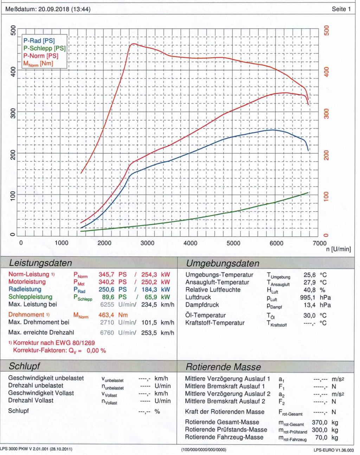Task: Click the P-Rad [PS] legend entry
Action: click(39, 41)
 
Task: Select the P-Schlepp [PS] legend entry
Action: click(44, 48)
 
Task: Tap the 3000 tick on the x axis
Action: click(147, 243)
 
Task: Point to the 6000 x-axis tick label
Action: click(276, 243)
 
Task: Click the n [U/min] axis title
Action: click(338, 249)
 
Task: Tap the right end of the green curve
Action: click(308, 193)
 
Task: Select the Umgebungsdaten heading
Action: click(223, 263)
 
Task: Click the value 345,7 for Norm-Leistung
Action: click(107, 274)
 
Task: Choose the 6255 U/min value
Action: click(107, 305)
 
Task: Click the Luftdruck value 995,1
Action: click(309, 297)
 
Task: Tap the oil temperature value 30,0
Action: click(309, 315)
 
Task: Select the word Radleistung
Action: click(25, 289)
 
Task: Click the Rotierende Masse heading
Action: click(223, 367)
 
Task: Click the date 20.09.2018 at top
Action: click(53, 9)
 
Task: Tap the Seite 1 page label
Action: click(341, 9)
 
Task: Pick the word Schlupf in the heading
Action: click(25, 366)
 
